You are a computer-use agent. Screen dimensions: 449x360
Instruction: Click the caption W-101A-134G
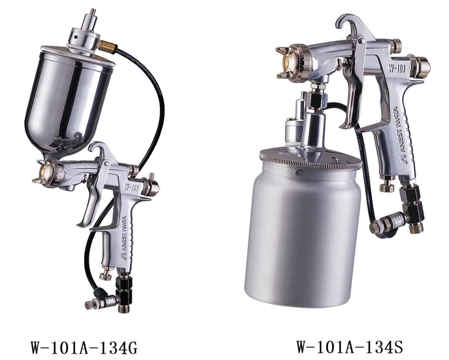pos(84,347)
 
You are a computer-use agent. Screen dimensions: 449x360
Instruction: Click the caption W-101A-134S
pos(350,347)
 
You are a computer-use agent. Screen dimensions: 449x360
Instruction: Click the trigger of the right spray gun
pos(352,94)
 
